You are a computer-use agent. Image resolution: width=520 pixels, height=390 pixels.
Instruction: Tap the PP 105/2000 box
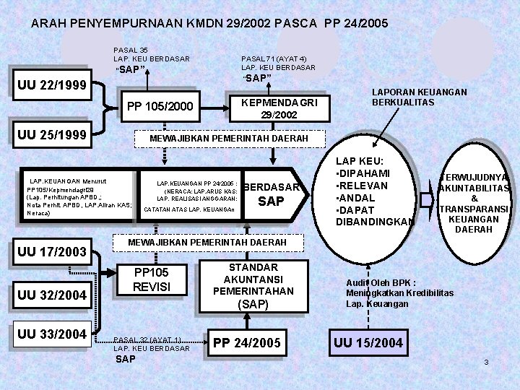click(160, 108)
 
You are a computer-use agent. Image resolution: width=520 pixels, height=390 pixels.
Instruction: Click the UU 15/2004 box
click(368, 340)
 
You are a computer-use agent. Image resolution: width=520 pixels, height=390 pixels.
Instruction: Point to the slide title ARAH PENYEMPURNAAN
click(209, 23)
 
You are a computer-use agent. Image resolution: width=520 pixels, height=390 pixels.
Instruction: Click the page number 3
click(486, 362)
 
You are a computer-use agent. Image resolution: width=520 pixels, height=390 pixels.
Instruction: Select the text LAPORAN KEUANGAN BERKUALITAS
click(419, 97)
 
